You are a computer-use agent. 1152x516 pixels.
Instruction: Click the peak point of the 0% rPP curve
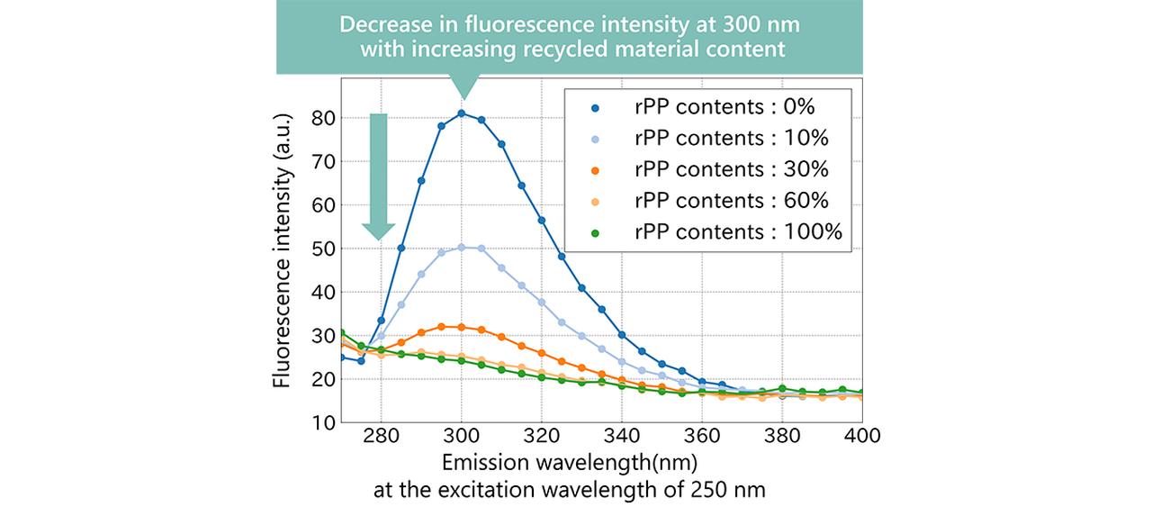pos(462,113)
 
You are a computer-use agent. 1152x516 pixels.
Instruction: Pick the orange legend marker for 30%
pos(596,170)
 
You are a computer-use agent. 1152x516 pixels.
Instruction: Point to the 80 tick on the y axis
pos(323,118)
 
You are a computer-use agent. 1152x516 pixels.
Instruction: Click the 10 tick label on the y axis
pos(323,423)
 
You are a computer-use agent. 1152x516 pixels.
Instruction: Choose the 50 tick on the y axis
pos(323,249)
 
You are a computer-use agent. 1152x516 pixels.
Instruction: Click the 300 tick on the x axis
pos(462,436)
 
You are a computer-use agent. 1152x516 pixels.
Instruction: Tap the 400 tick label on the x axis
pos(862,436)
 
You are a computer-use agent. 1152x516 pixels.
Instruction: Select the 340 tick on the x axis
pos(622,436)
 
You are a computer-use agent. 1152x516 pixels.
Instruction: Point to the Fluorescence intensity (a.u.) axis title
pos(282,250)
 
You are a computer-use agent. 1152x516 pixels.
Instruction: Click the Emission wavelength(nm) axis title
pos(570,463)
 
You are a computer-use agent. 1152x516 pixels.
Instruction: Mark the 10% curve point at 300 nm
pos(462,248)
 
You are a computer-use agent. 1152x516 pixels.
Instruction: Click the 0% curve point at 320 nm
pos(542,221)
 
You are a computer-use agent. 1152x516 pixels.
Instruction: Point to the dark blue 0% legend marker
pos(596,108)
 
